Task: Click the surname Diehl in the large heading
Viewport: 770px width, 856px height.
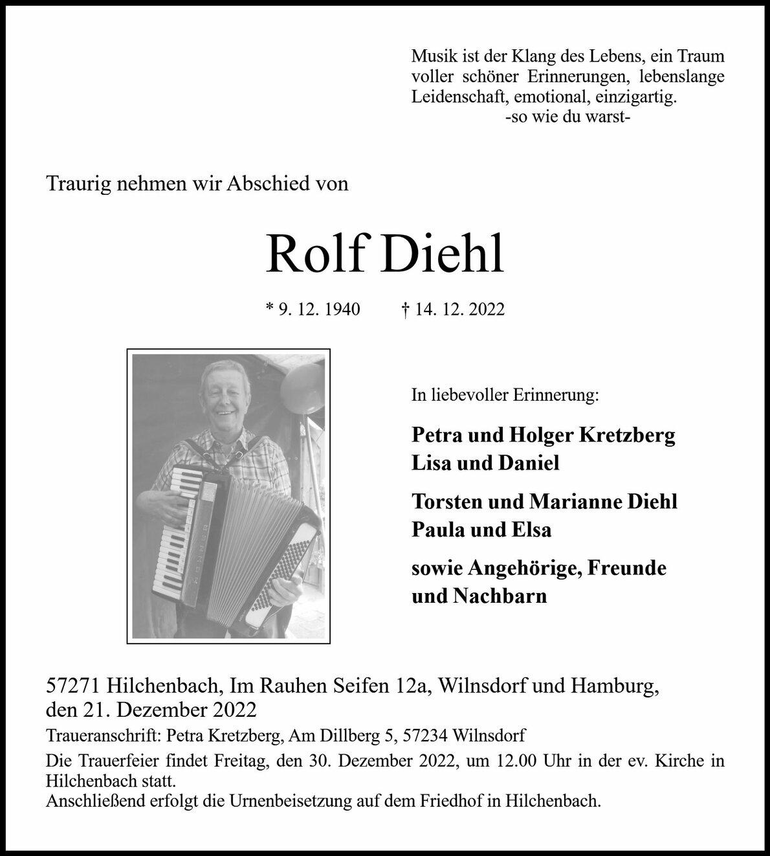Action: (x=443, y=254)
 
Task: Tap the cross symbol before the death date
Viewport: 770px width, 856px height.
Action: (x=405, y=310)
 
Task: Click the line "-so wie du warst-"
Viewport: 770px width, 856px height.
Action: (x=567, y=118)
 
